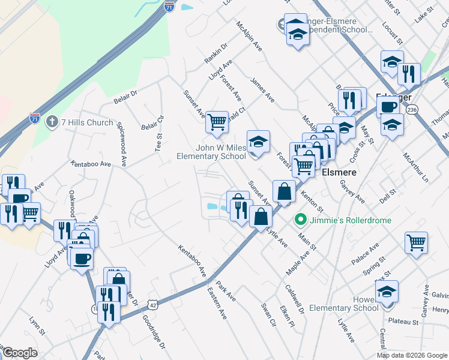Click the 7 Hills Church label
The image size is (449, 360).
[86, 123]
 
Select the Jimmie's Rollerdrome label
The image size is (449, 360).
[351, 220]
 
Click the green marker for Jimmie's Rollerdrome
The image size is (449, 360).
[303, 220]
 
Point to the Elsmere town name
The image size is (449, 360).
[340, 172]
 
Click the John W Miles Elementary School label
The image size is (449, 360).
[211, 152]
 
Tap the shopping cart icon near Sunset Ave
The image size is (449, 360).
[216, 122]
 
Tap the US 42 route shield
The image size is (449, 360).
[154, 304]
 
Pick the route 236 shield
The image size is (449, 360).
[411, 110]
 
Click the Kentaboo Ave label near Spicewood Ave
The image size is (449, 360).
[91, 163]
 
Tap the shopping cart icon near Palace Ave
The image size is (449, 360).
[415, 242]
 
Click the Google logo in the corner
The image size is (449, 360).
[19, 353]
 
